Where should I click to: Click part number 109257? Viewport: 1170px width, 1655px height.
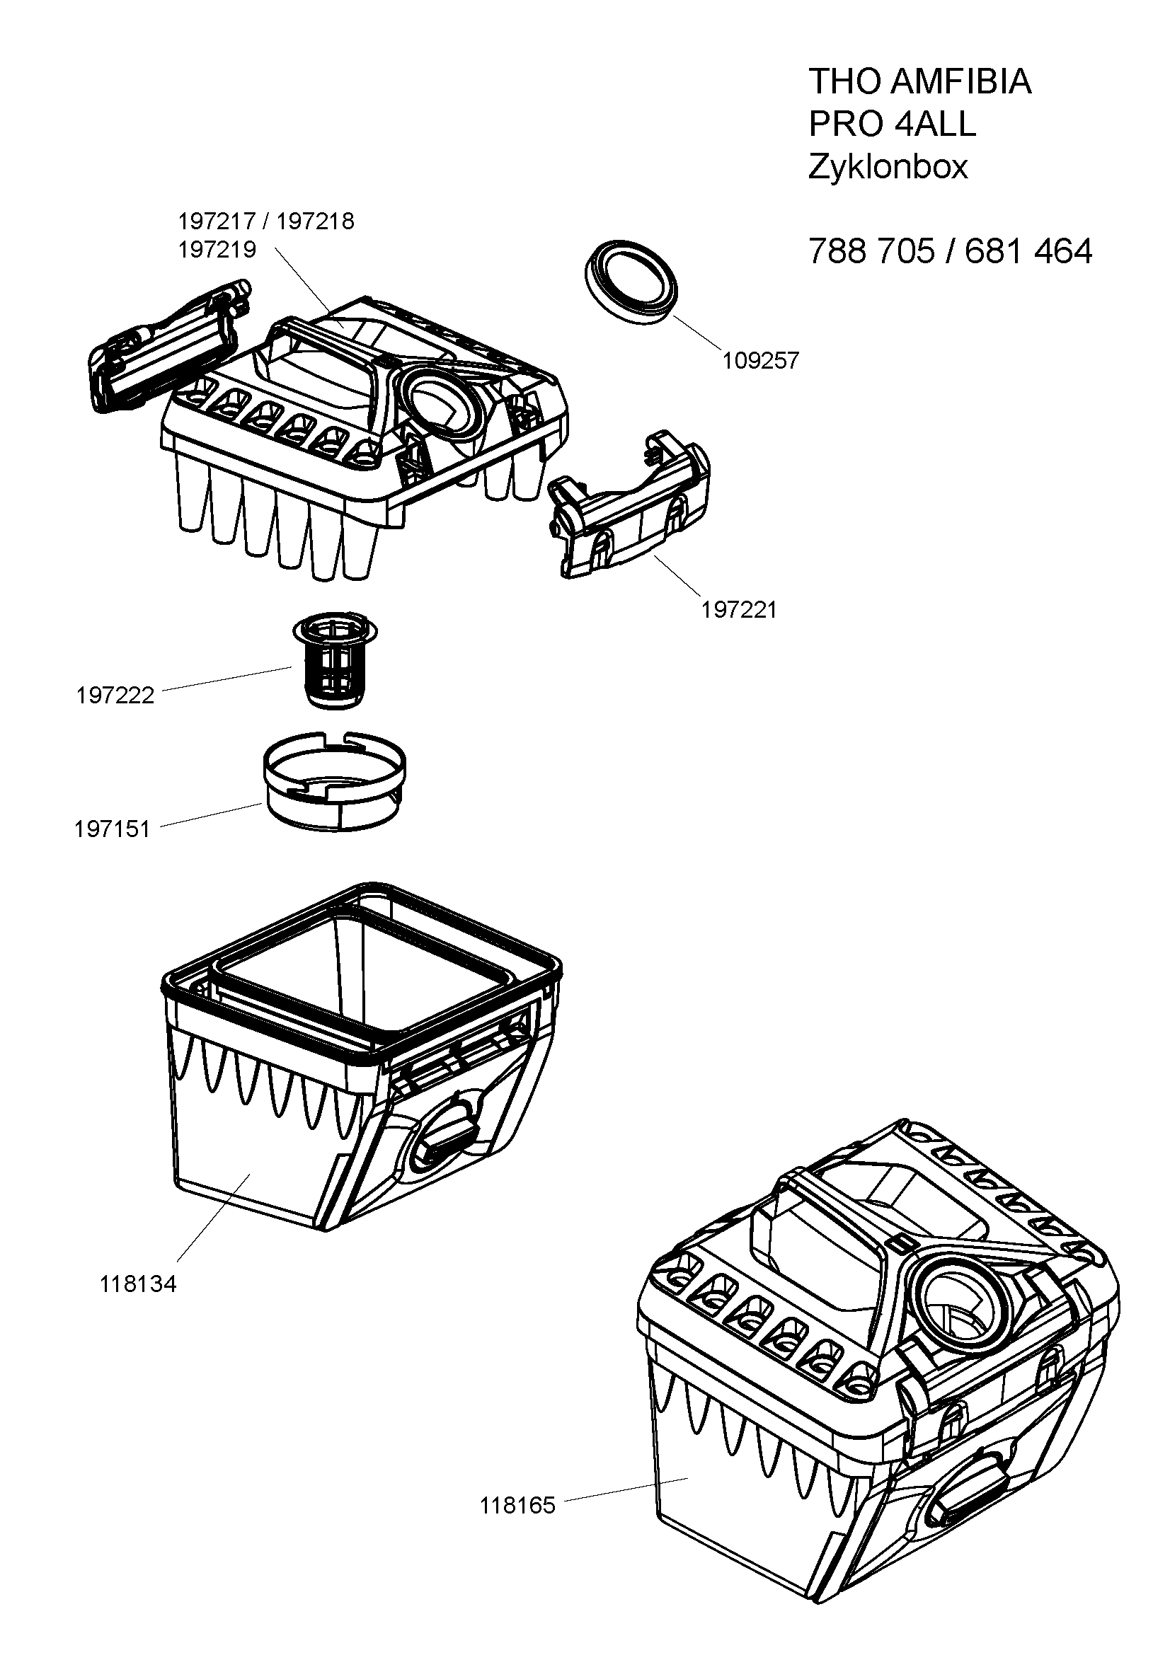click(x=762, y=360)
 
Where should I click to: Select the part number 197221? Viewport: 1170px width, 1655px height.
click(x=739, y=610)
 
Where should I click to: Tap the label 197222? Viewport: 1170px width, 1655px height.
click(x=115, y=696)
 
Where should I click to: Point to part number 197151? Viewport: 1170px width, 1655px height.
click(x=113, y=829)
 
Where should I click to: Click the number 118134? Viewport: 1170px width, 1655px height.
click(x=138, y=1284)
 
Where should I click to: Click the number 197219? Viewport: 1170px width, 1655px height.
click(x=217, y=250)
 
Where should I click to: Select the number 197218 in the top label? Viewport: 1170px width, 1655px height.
click(x=315, y=221)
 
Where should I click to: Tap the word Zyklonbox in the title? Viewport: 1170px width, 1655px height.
click(x=888, y=167)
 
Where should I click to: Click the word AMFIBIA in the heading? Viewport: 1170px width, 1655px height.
click(x=961, y=81)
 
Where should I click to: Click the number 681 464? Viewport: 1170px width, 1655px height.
click(x=1028, y=252)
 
